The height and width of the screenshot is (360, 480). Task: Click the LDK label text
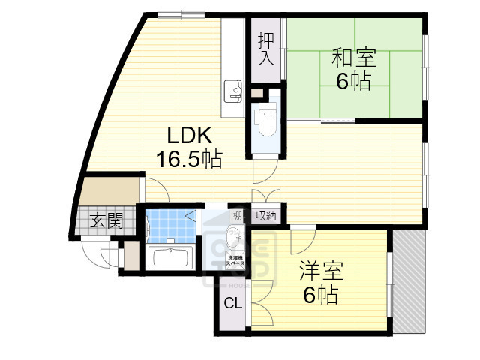tap(190, 136)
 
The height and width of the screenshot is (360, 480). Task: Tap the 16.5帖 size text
tap(190, 159)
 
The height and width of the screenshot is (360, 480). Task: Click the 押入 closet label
tap(266, 49)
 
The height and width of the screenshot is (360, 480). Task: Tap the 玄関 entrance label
tap(106, 220)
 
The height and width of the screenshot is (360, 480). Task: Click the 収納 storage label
tap(265, 215)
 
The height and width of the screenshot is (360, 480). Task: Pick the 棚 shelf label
tap(237, 215)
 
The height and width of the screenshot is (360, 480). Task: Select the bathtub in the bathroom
tap(172, 258)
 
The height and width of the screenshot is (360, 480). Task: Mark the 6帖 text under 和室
tap(353, 81)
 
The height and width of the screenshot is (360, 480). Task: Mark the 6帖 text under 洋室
tap(320, 294)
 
